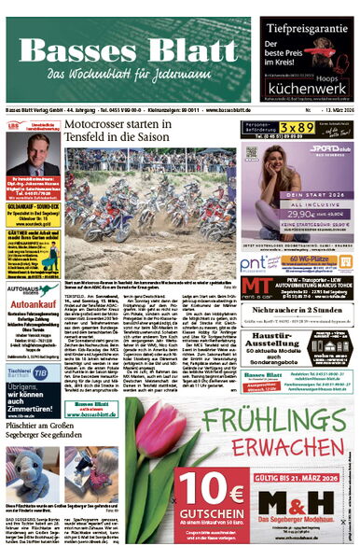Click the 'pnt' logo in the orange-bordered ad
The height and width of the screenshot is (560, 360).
click(256, 263)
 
